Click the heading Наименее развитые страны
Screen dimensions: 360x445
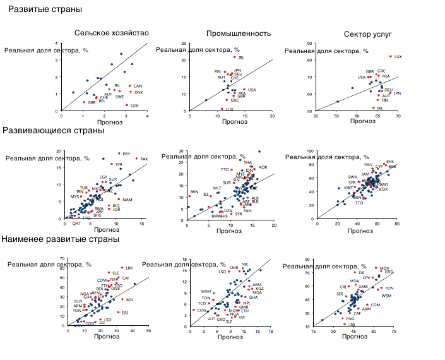tap(60, 239)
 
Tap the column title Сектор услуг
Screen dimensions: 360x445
tap(369, 33)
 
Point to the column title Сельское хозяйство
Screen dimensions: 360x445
tap(111, 33)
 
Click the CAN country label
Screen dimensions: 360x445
tap(138, 86)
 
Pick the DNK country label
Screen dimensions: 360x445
tap(138, 93)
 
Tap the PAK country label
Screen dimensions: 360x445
tap(144, 159)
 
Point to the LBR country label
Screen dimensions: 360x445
tap(129, 268)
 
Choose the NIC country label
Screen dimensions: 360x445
tap(245, 265)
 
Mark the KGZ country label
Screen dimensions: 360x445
tap(259, 289)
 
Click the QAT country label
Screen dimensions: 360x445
tap(76, 224)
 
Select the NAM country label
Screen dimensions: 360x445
tap(128, 200)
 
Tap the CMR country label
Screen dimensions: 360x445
tap(234, 268)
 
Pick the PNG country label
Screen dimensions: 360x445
tap(350, 319)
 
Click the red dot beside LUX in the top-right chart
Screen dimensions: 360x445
tap(391, 56)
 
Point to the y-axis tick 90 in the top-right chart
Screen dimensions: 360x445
tap(310, 44)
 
